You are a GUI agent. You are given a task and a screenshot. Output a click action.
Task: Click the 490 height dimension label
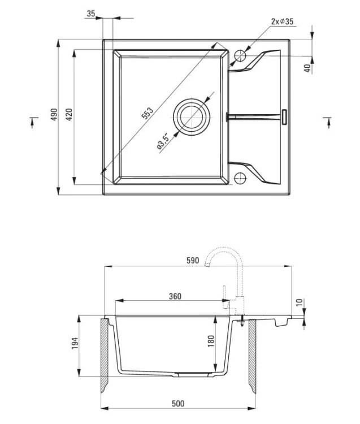point(54,114)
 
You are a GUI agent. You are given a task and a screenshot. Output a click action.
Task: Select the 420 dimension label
point(69,114)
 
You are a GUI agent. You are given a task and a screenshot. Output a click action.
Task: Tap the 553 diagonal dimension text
point(148,113)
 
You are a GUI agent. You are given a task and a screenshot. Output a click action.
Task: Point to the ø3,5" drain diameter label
point(163,141)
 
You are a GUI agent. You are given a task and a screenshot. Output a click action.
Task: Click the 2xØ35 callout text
point(282,21)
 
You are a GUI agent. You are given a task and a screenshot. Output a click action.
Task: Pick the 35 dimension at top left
point(91,14)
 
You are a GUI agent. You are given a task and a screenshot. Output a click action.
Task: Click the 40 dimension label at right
point(307,68)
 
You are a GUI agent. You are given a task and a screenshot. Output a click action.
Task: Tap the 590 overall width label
point(193,261)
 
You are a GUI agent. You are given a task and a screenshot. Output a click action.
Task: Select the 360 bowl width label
point(175,296)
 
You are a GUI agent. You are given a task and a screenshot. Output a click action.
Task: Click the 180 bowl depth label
point(211,341)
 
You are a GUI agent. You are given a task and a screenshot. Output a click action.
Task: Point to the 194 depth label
point(75,343)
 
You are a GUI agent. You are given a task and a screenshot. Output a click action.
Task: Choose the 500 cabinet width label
point(178,404)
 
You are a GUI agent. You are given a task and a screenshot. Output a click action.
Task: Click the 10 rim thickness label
point(300,302)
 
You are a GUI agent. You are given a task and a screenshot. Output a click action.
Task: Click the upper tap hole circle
point(240,56)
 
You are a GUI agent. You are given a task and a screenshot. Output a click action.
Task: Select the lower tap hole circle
point(240,178)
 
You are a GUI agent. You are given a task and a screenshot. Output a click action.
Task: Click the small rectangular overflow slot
point(284,116)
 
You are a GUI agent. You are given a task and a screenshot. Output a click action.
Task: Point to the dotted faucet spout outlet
point(207,264)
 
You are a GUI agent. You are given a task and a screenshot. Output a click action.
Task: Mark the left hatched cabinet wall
point(105,356)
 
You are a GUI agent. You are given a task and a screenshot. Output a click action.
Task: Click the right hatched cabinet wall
point(252,356)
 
